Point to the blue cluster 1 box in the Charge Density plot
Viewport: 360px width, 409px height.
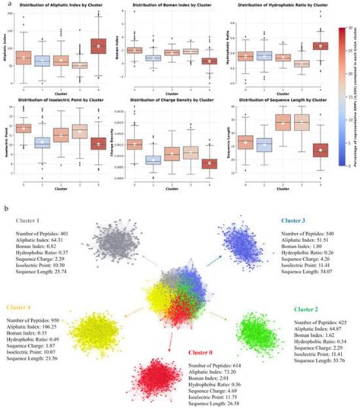153,159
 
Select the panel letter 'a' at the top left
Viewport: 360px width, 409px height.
6,5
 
